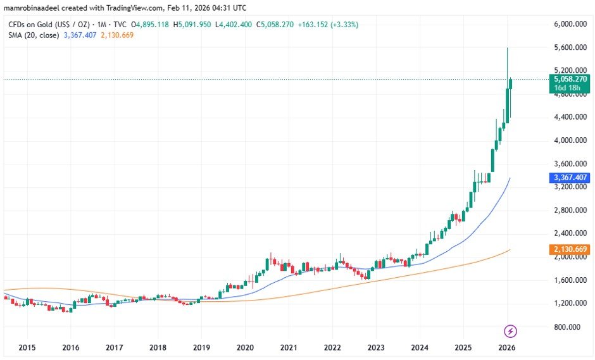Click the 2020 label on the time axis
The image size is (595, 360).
pyautogui.click(x=245, y=347)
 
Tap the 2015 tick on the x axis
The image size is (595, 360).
pyautogui.click(x=27, y=347)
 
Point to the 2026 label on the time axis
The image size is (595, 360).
pyautogui.click(x=506, y=347)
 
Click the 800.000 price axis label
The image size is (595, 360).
pyautogui.click(x=567, y=326)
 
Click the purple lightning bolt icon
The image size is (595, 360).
pyautogui.click(x=511, y=331)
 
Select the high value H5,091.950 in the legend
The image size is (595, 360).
pyautogui.click(x=194, y=25)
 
